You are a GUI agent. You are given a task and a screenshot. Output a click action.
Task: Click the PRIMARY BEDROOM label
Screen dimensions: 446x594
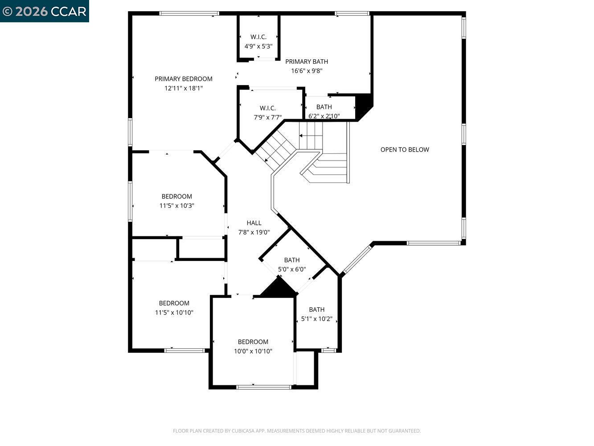[x=184, y=79]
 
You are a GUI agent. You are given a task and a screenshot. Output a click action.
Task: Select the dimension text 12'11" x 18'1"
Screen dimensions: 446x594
[x=184, y=88]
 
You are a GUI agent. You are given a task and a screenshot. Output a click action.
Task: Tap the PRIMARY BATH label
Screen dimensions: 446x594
[x=307, y=62]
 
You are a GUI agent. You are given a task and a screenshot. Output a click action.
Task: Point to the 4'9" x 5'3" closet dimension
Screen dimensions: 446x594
[x=258, y=46]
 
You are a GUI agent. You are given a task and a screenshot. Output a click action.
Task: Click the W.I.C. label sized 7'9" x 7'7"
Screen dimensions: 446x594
[x=268, y=108]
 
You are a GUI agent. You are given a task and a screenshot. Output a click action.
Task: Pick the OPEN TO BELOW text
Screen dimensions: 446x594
[x=405, y=149]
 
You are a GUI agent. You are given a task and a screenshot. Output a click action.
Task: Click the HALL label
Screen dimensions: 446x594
[x=254, y=223]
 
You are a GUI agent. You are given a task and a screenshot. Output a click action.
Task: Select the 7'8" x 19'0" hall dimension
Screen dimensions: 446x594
[x=254, y=232]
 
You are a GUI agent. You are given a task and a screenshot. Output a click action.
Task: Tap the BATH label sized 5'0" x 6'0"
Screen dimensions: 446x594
[x=292, y=260]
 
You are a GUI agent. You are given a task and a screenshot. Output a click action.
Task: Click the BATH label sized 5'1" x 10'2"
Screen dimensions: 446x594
[x=317, y=310]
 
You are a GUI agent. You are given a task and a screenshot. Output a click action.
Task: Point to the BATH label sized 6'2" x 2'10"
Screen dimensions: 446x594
[x=324, y=107]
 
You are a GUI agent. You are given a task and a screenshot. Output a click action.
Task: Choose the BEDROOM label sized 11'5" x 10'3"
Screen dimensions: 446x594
[x=177, y=196]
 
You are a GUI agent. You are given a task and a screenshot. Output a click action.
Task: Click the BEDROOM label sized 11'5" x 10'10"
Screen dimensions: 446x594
[x=174, y=303]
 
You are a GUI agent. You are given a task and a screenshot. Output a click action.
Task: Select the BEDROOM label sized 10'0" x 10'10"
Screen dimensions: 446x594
[x=253, y=342]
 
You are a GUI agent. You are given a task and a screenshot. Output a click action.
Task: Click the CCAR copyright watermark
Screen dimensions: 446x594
[x=45, y=11]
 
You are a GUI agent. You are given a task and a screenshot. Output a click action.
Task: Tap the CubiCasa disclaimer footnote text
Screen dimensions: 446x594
[x=297, y=431]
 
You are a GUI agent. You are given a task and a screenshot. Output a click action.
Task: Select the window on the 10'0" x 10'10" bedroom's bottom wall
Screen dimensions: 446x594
[x=264, y=387]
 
